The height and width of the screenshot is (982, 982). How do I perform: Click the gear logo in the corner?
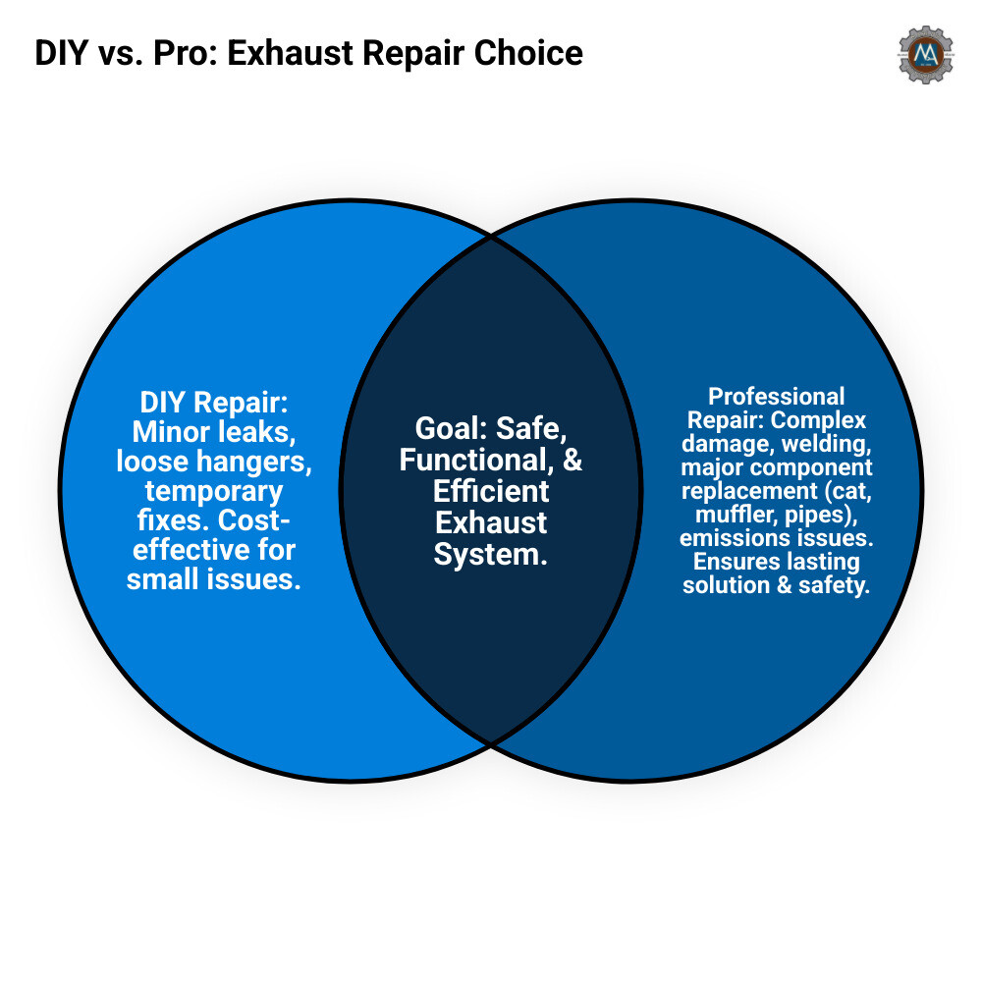[x=925, y=55]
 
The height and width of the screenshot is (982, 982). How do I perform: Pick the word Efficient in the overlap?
[x=491, y=490]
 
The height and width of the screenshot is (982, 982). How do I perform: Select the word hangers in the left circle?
[x=257, y=461]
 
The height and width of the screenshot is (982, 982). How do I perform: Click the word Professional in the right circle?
[x=776, y=397]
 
